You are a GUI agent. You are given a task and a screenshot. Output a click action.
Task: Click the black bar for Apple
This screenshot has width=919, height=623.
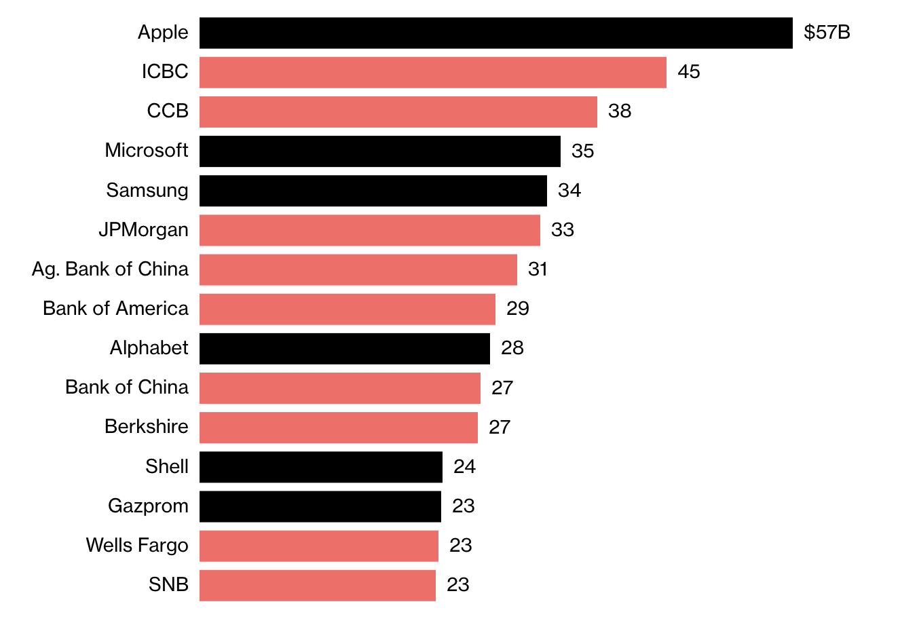coord(495,33)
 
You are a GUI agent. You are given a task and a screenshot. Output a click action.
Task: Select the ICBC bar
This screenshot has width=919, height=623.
coord(432,72)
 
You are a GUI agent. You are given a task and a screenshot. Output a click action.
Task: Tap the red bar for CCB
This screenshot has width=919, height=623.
coord(398,111)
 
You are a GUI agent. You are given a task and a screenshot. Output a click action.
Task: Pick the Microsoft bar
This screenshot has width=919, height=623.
coord(379,151)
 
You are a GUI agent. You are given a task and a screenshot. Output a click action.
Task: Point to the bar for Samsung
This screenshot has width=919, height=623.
coord(373,190)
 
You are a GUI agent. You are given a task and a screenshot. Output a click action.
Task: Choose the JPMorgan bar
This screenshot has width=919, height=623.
coord(369,230)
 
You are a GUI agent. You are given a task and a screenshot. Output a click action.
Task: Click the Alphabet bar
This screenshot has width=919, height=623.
coord(344,348)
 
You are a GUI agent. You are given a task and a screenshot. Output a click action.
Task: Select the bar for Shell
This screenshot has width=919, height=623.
coord(320,467)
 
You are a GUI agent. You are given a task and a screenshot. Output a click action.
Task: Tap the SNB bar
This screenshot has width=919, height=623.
coord(317,585)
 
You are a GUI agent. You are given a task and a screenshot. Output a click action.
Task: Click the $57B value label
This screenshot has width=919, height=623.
coord(827,33)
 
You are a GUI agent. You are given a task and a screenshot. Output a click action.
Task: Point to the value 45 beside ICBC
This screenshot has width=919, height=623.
coord(688,72)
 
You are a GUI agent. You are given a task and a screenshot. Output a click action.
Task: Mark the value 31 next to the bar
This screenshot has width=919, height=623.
coord(538,269)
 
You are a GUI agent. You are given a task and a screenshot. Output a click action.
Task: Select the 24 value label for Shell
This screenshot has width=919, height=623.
coord(464,467)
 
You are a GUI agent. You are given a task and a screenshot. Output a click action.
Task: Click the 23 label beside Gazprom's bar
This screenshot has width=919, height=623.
coord(463,506)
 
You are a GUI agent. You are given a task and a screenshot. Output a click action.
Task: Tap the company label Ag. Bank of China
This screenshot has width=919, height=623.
coord(110,269)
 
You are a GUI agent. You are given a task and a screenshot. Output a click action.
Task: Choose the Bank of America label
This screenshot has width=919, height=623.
coord(115,309)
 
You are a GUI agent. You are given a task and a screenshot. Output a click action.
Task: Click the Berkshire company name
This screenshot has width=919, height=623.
coord(146,427)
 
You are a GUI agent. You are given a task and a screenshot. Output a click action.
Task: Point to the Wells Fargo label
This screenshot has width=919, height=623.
coord(137,546)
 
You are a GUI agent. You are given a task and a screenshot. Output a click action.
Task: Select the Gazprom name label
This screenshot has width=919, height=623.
coord(148,506)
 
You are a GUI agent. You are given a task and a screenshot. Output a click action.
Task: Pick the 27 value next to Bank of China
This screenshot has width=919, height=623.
coord(502,388)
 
